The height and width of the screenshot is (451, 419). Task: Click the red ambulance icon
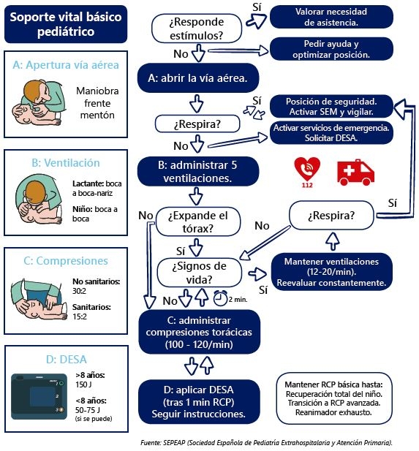click(355, 173)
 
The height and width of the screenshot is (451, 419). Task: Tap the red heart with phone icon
click(307, 170)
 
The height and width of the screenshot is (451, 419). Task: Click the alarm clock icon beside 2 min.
click(220, 298)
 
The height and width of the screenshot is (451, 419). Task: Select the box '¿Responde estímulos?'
click(197, 29)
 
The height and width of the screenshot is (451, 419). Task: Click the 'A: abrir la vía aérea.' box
click(198, 78)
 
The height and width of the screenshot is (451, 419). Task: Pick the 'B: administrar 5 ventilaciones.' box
click(198, 172)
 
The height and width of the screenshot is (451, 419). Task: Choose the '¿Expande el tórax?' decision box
click(198, 221)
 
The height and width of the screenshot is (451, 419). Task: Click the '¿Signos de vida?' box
click(199, 273)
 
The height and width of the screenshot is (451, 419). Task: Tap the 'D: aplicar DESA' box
click(199, 402)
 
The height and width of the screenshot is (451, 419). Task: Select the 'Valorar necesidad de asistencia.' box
click(331, 17)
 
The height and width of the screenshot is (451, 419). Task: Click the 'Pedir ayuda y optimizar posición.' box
click(331, 49)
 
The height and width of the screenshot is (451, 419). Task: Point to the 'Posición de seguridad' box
click(331, 107)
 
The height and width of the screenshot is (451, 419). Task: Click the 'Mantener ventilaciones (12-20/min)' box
click(331, 272)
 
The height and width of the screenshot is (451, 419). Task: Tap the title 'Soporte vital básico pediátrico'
click(66, 24)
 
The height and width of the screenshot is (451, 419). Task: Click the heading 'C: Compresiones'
click(66, 261)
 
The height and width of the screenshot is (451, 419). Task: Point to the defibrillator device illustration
click(39, 397)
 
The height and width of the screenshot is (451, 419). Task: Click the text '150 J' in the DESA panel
click(83, 384)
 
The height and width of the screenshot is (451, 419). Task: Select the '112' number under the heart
click(307, 185)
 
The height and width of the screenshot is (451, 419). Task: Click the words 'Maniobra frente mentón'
click(97, 103)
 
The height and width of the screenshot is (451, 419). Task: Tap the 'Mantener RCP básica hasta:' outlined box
click(334, 398)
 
